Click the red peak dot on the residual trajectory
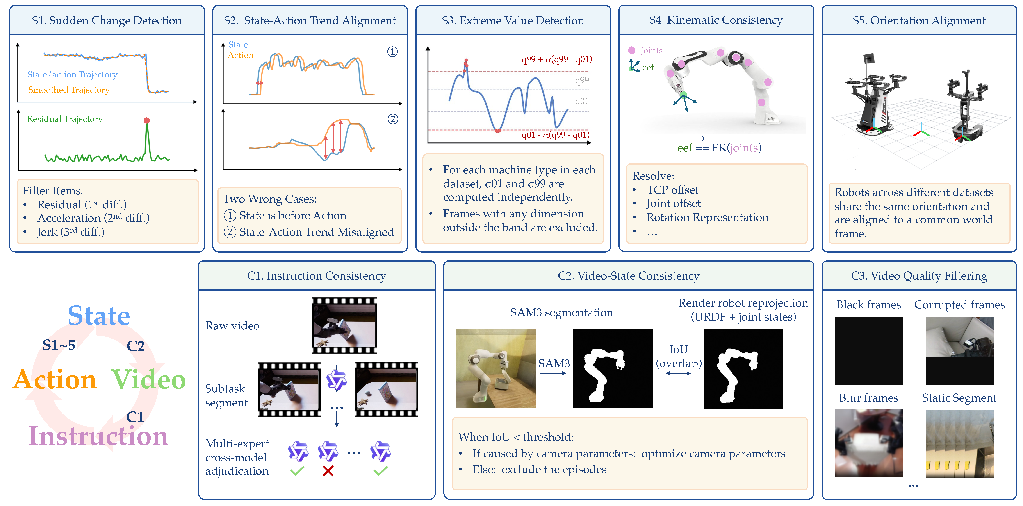(x=146, y=120)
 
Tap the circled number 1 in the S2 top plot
(x=392, y=52)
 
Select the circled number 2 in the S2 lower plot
(x=393, y=119)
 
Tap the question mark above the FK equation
(x=702, y=140)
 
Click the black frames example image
(x=868, y=351)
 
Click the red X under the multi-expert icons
(x=328, y=471)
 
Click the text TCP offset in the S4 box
(x=672, y=190)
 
